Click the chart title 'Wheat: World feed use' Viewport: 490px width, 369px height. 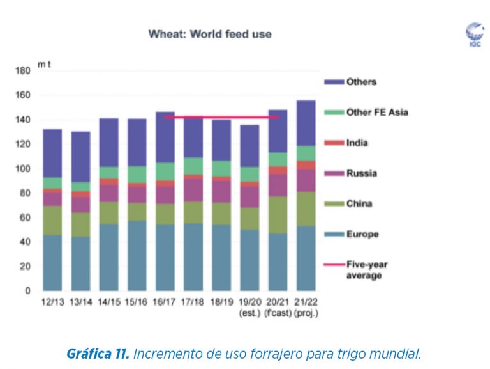[x=210, y=34]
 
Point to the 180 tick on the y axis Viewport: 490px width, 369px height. [x=22, y=71]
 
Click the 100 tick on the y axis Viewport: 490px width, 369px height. [x=22, y=169]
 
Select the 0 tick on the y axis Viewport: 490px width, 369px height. [x=27, y=291]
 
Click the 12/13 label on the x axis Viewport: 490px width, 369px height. [x=52, y=301]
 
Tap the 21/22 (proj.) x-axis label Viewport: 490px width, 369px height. [x=305, y=306]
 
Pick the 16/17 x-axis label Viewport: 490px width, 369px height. [x=165, y=301]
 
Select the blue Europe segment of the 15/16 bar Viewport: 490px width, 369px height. [x=137, y=256]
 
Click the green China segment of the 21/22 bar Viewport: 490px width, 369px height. [x=305, y=208]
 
